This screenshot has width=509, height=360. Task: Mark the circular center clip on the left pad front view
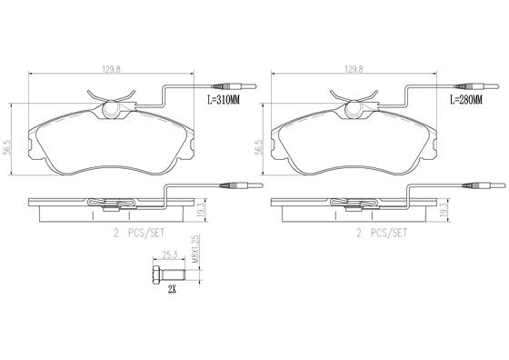[x=114, y=111]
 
